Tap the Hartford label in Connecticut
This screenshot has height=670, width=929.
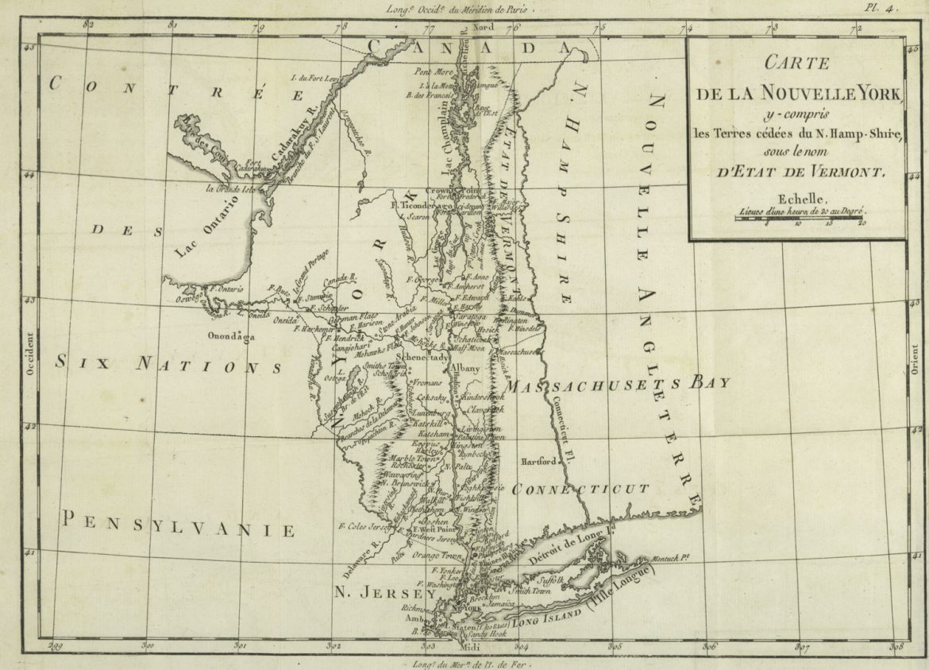538,461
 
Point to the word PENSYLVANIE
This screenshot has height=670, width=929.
179,525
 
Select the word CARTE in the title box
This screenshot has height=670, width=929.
796,64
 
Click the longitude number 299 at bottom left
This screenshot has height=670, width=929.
54,647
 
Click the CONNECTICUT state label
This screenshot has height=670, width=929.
580,488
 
